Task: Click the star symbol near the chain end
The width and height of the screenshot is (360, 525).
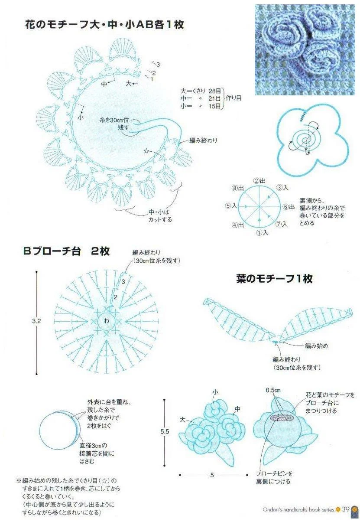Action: click(146, 151)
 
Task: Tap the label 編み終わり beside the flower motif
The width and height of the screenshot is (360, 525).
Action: click(203, 140)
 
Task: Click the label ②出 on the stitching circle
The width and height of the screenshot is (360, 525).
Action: click(259, 181)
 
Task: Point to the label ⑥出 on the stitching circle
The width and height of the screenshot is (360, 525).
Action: click(289, 206)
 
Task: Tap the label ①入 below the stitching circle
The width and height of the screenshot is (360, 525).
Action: click(262, 232)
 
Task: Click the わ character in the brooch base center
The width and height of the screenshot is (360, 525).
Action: click(107, 321)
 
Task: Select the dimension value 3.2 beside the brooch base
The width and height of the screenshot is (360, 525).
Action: click(36, 321)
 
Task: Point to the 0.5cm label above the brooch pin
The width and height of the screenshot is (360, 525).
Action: click(273, 391)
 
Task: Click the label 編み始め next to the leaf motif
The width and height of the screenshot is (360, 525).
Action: click(316, 346)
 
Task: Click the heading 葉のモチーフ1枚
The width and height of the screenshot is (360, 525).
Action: click(274, 279)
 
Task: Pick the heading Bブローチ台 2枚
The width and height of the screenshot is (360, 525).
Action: click(66, 251)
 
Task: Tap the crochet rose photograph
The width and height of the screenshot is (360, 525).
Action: click(307, 50)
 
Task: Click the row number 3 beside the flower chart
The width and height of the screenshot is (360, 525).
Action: click(158, 64)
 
